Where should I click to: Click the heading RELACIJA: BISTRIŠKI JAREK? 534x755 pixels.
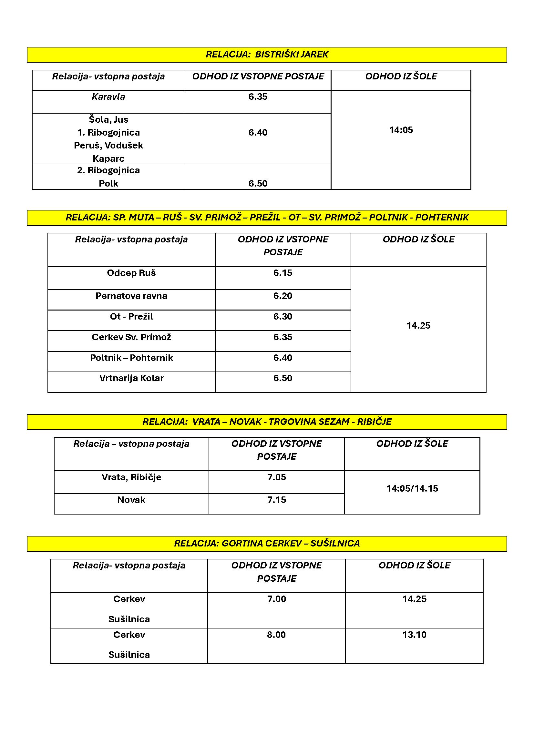tap(267, 54)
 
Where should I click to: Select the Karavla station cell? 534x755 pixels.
tap(108, 97)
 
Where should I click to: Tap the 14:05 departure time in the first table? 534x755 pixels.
tap(401, 130)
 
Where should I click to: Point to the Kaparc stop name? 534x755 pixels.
tap(108, 158)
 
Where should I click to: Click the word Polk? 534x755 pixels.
tap(108, 183)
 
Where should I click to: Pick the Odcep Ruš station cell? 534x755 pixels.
tap(131, 273)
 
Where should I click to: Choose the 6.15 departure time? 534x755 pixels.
tap(282, 273)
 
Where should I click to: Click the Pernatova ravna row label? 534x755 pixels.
tap(131, 296)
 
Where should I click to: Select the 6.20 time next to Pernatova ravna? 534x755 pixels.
tap(282, 296)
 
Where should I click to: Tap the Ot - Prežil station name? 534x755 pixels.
tap(131, 317)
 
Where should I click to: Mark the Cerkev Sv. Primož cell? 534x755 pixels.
tap(131, 337)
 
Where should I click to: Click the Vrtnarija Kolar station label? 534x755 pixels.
tap(131, 378)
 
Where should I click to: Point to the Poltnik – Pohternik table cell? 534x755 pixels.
tap(131, 358)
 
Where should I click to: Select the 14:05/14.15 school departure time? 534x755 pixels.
tap(412, 488)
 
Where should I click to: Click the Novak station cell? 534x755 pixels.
tap(131, 500)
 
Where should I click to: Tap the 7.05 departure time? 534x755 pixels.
tap(277, 477)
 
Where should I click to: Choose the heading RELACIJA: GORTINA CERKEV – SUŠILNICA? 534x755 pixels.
tap(267, 543)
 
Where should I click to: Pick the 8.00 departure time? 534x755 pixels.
tap(276, 635)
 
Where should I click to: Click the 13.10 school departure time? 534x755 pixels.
tap(414, 635)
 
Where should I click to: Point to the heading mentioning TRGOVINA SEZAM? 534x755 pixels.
tap(267, 422)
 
